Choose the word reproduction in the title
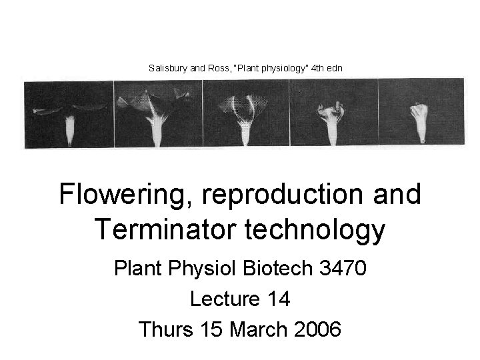tap(291, 195)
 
